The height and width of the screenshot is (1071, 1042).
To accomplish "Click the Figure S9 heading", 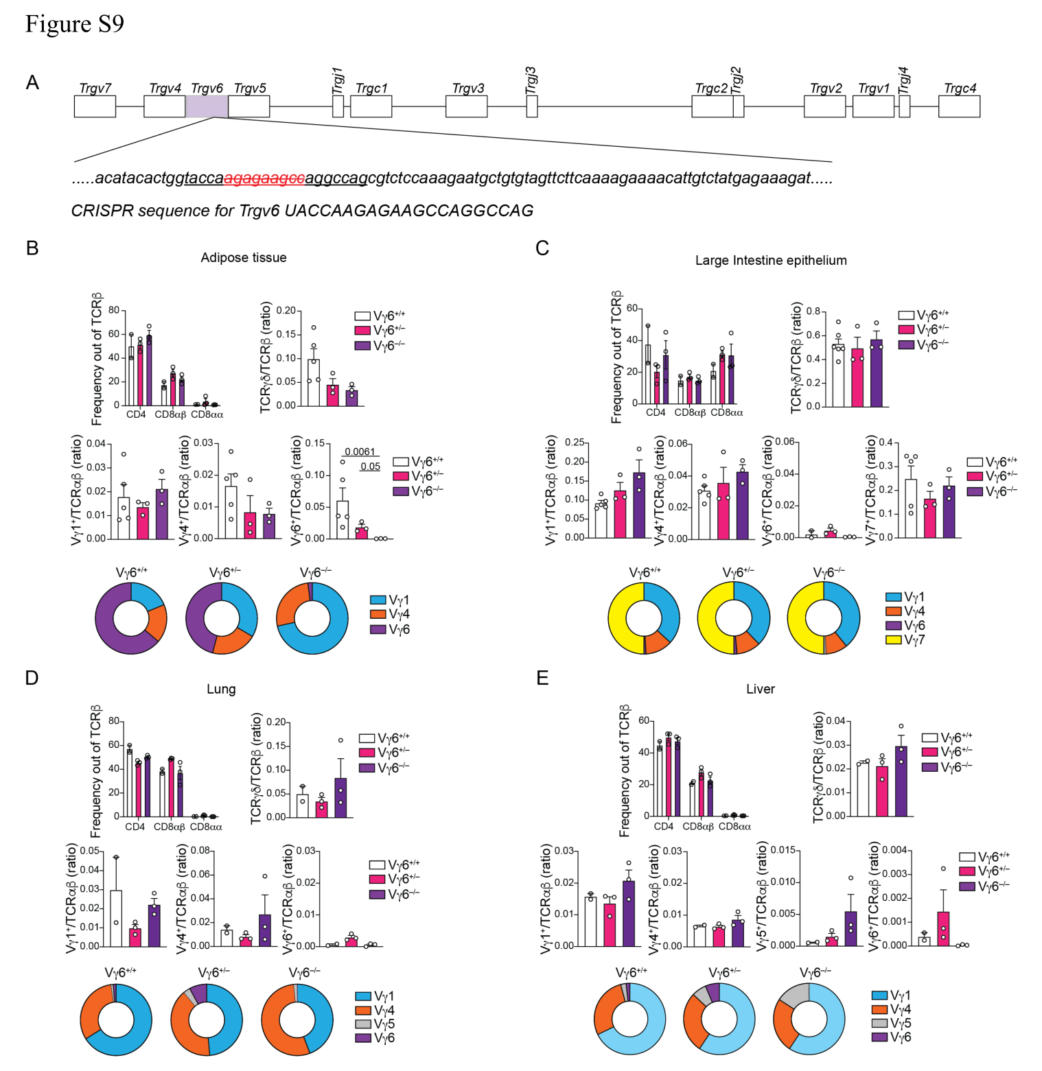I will click(74, 24).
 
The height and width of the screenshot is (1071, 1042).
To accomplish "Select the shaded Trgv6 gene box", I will click(207, 106).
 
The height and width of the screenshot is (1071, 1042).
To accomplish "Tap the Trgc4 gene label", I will click(960, 89).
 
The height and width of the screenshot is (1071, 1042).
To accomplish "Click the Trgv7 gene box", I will click(95, 106).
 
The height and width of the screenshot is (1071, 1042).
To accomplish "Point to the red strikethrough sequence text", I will click(264, 178).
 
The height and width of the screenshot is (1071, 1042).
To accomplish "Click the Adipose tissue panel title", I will click(244, 258).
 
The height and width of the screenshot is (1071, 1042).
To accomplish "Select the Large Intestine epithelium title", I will click(771, 261).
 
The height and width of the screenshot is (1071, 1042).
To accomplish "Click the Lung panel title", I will click(221, 689).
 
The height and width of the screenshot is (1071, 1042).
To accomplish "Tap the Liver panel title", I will click(761, 689).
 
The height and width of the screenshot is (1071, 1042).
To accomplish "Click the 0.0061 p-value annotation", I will click(360, 451).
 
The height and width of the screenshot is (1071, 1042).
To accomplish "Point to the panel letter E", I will click(542, 679).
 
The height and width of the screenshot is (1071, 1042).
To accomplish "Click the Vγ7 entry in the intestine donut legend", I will click(905, 640).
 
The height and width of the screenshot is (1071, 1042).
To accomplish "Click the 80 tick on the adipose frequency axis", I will click(114, 310).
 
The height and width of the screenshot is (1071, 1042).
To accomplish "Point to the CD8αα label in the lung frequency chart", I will click(206, 827).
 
